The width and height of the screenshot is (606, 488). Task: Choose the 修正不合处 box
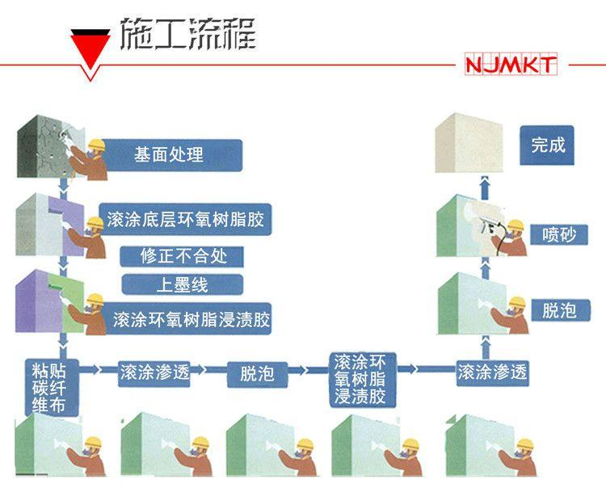(181, 257)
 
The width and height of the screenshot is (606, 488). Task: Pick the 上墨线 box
(181, 284)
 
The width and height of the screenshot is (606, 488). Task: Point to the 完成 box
(547, 146)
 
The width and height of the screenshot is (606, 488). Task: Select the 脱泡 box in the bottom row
(257, 372)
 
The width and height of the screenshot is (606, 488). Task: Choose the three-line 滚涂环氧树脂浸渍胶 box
(362, 377)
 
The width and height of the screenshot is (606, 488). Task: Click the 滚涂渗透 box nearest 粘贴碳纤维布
(154, 372)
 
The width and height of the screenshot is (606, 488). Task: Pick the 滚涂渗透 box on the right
(492, 372)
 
